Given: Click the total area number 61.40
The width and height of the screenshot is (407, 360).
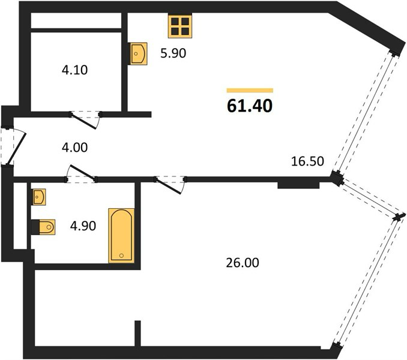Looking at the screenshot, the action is click(250, 106).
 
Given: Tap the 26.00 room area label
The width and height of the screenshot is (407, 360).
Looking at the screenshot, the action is click(243, 263).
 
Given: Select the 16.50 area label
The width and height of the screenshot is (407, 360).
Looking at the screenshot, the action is click(307, 161).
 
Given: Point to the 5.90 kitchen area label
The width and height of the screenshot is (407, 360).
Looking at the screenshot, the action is click(173, 53).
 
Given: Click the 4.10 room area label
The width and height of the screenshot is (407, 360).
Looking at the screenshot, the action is click(75, 70).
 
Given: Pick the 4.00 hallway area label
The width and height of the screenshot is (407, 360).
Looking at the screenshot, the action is click(75, 148).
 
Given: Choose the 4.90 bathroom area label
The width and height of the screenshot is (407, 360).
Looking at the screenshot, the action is click(83, 226).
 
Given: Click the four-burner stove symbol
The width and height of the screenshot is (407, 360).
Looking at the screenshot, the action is click(180, 26).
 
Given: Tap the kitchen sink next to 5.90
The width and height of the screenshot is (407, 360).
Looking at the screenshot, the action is click(138, 53).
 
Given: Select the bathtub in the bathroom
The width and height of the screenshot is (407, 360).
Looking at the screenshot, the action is click(121, 236).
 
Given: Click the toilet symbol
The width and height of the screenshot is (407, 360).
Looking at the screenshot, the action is click(43, 227).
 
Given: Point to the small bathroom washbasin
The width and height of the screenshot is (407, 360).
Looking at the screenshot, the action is click(38, 197).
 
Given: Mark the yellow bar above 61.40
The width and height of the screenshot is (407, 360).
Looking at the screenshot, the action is click(250, 90).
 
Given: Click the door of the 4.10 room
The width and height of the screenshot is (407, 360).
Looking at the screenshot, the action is click(85, 120).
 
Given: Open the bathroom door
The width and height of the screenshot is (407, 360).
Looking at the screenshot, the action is click(81, 173).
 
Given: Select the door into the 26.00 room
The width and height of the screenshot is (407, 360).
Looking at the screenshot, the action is click(170, 185).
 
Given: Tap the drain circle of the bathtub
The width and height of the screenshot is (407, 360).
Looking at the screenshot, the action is click(121, 256).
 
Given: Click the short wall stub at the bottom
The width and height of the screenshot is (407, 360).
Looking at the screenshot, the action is click(137, 334).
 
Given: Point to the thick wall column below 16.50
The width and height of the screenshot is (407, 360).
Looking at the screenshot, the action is click(298, 185).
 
